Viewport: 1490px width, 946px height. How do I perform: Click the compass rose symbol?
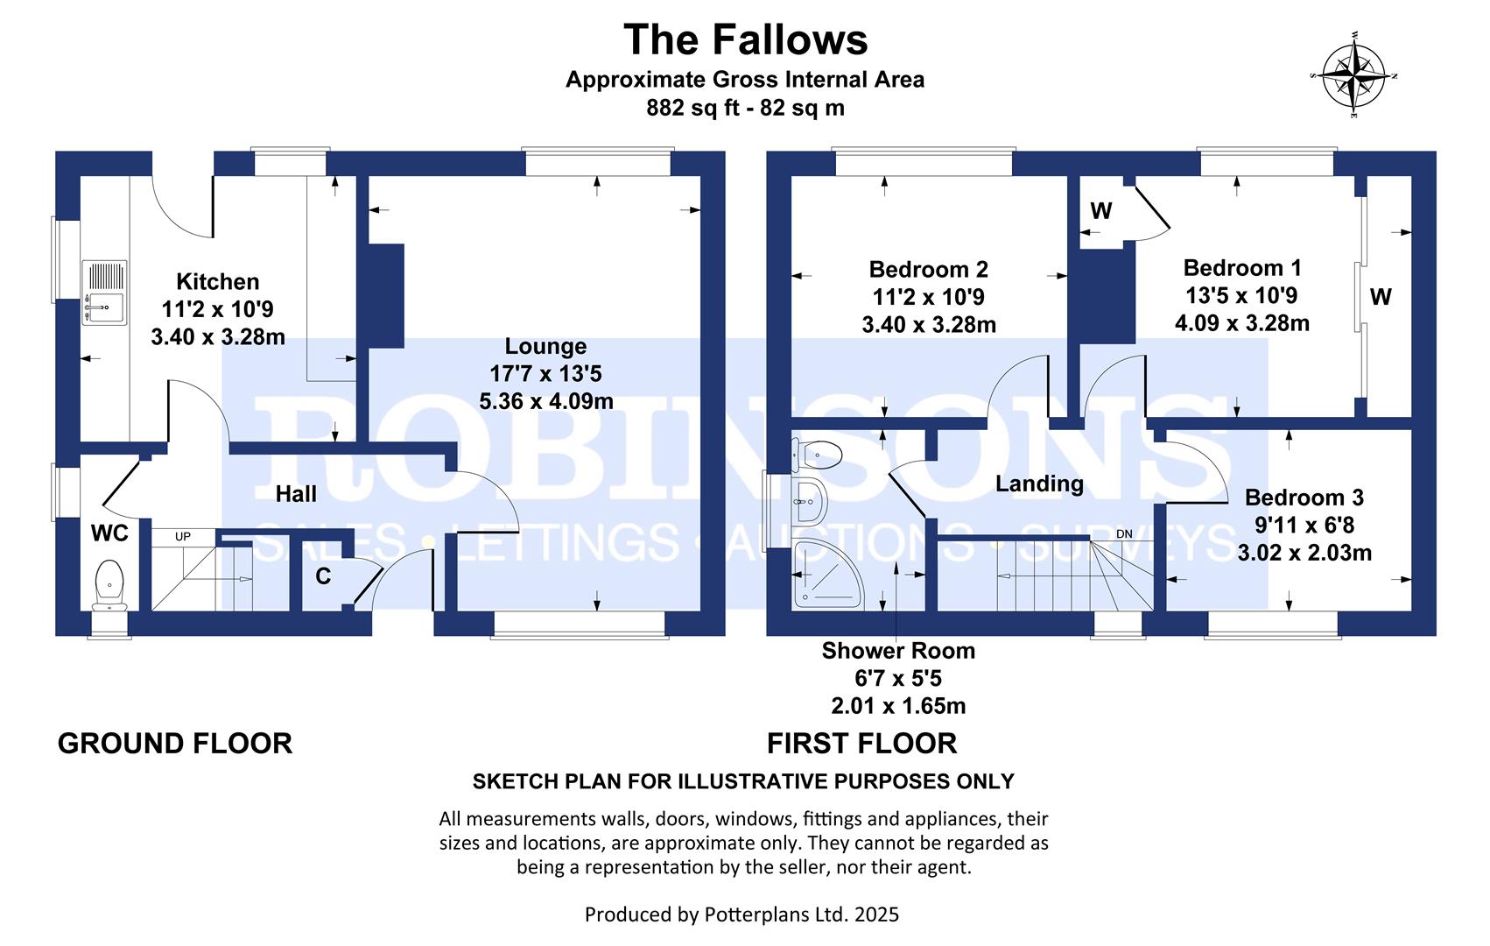coord(1353,75)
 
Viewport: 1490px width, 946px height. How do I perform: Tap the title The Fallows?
coord(745,39)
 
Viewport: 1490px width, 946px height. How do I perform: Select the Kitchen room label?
coord(217,281)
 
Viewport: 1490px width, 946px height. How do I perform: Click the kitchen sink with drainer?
coord(104,293)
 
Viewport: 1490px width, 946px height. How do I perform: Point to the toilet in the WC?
coord(109,585)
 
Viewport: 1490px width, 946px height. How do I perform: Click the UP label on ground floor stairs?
coord(183,537)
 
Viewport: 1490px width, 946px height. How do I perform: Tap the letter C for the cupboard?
coord(323,575)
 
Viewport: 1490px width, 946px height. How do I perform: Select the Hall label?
coord(296,494)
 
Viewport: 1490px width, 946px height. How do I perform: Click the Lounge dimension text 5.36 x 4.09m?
coord(546,401)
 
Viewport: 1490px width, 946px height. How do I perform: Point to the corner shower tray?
coord(827,575)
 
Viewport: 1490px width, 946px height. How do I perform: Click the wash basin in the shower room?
coord(810,500)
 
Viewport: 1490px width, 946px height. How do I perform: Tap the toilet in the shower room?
coord(817,455)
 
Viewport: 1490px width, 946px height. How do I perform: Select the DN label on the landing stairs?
coord(1124,534)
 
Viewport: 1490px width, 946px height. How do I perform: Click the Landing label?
coord(1039,484)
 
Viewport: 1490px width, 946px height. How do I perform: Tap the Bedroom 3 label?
coord(1304,498)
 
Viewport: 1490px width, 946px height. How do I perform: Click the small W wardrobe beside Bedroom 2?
coord(1101,211)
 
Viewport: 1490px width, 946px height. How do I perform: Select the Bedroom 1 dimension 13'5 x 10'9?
coord(1241,295)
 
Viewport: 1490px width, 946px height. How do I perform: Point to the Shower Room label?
coord(898,651)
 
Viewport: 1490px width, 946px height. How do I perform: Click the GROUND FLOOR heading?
coord(175,744)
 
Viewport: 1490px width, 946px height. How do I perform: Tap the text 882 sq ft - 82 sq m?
coord(745,108)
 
